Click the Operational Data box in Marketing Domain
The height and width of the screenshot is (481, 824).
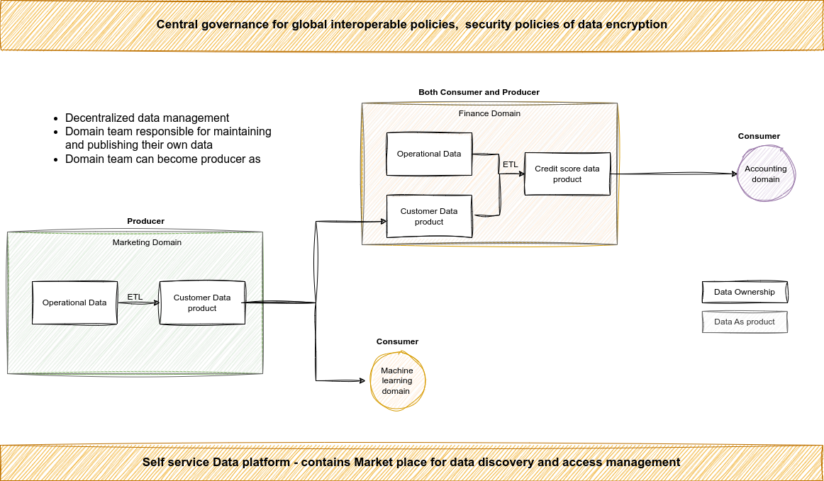[x=74, y=302]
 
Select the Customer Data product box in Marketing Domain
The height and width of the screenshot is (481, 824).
[x=202, y=302]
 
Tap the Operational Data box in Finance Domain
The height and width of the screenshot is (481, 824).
[x=429, y=154]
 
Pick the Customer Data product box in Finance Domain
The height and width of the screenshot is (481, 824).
[x=429, y=216]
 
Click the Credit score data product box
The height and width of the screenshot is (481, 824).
[x=567, y=174]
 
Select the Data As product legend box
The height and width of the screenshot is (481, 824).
[x=745, y=322]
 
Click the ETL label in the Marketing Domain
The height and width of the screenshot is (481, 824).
[x=134, y=297]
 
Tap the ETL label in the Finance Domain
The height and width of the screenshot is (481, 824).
[x=510, y=164]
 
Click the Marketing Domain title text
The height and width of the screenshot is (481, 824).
[x=147, y=242]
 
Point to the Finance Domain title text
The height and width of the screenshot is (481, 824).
[x=489, y=113]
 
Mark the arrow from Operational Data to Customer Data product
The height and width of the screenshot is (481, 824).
[x=138, y=303]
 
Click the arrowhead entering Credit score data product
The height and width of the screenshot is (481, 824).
[x=521, y=174]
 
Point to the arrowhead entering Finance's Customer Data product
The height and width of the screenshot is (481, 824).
[x=383, y=222]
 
